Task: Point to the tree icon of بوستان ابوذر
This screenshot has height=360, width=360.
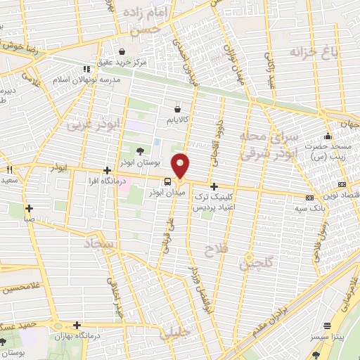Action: pos(139,150)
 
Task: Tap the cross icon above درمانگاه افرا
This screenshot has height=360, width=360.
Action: pos(106,170)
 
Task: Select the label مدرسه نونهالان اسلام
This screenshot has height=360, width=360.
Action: pos(87,79)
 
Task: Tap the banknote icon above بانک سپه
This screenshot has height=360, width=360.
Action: pos(309,198)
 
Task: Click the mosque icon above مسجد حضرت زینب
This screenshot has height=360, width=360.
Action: pos(327,136)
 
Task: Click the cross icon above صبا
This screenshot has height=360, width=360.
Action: pos(29,208)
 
